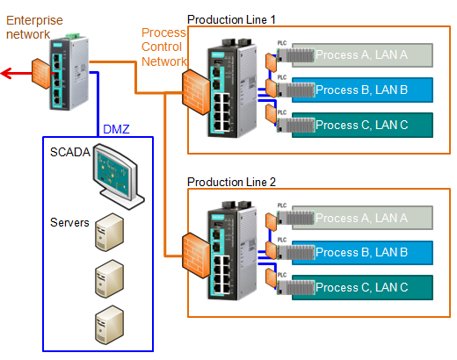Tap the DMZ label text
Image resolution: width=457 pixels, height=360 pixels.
click(117, 129)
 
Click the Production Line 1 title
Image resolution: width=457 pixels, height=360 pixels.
click(231, 18)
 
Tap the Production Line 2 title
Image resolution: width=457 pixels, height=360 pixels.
click(231, 182)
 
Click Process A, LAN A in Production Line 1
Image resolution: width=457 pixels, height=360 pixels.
click(360, 54)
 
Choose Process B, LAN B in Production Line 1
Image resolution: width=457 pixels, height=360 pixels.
click(360, 89)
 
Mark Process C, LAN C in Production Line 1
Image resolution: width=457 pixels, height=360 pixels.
click(360, 124)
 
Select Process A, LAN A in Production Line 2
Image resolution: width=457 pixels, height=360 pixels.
click(360, 218)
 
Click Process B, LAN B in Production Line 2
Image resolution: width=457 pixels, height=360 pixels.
click(360, 252)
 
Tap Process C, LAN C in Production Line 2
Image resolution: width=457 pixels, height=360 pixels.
click(360, 286)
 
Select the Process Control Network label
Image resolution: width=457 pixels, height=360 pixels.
click(164, 47)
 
